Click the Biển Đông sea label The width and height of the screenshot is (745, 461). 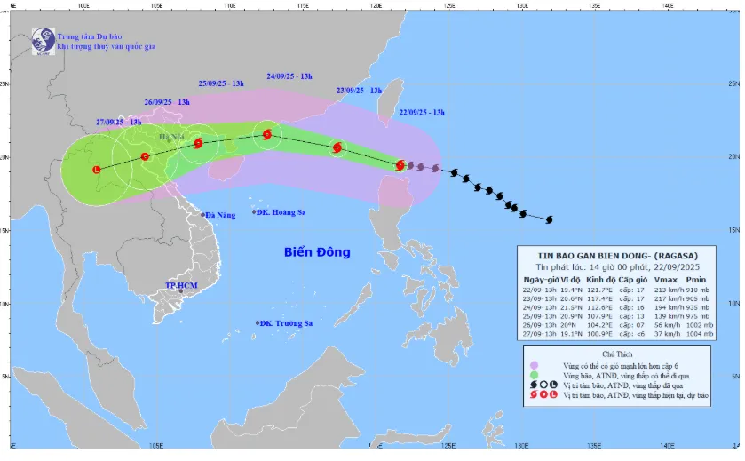tap(317, 252)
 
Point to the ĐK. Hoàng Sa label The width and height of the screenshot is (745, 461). tap(280, 212)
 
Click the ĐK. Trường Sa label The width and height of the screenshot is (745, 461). tap(281, 323)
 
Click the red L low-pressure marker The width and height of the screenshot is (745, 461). tap(97, 169)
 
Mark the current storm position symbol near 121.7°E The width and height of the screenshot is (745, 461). tap(400, 164)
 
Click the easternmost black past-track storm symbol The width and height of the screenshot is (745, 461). tap(549, 219)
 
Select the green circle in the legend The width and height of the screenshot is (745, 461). tap(535, 376)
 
